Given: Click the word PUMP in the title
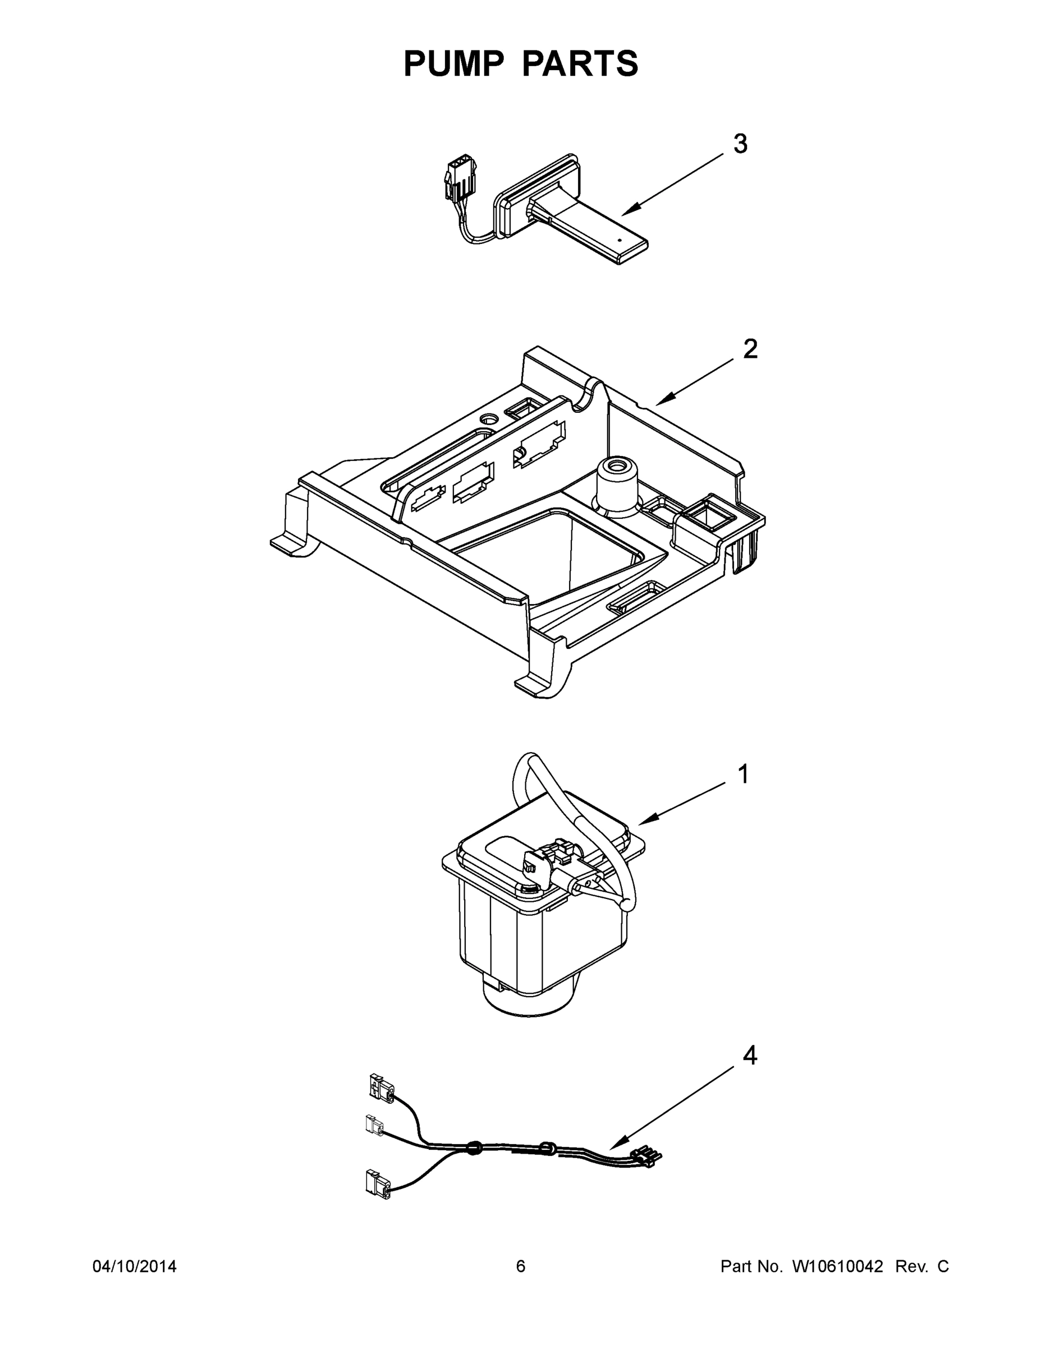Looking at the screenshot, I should (x=453, y=63).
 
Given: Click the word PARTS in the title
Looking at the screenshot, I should (x=580, y=63).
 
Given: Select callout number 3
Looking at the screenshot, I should (x=740, y=144).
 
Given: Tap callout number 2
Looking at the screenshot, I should (x=750, y=349).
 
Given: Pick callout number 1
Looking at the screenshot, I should (x=744, y=774).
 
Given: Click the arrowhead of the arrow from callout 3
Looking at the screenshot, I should (x=626, y=213).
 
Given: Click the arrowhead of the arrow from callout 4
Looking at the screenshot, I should (x=613, y=1146).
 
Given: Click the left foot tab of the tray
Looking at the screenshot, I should (x=286, y=543).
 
